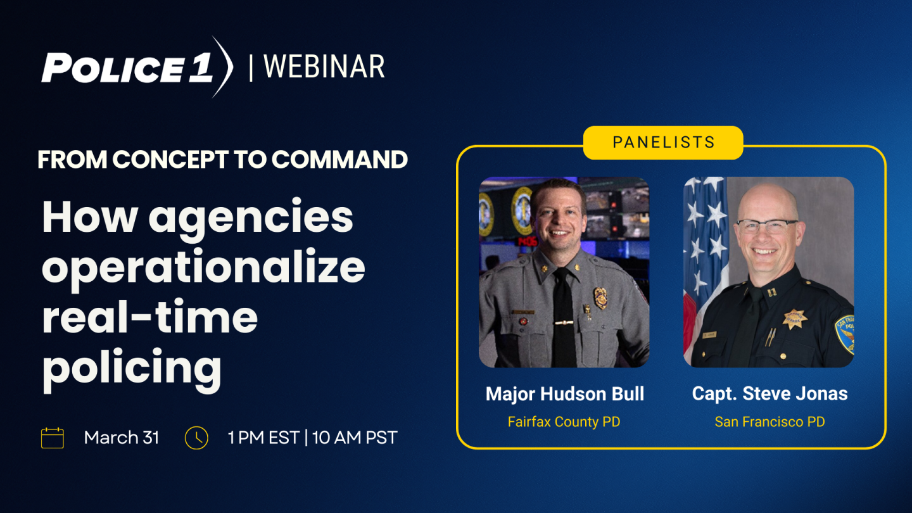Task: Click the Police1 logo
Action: (x=137, y=67)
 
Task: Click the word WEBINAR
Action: (x=324, y=66)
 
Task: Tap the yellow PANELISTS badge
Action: (x=663, y=142)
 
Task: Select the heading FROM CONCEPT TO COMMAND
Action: (x=223, y=159)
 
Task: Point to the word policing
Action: (x=132, y=368)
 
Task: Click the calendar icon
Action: (x=53, y=438)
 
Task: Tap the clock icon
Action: (x=196, y=438)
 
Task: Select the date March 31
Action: (x=122, y=438)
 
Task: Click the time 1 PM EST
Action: (x=264, y=438)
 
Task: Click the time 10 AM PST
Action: (x=355, y=438)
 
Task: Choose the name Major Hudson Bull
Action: (x=565, y=394)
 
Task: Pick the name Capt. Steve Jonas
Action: (x=770, y=394)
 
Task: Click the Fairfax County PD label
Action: (x=564, y=422)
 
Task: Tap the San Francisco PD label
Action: (x=770, y=422)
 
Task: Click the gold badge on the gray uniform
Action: (x=600, y=298)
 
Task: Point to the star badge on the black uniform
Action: (x=794, y=319)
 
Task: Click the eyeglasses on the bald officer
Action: (x=766, y=226)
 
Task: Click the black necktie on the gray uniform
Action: (x=564, y=317)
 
